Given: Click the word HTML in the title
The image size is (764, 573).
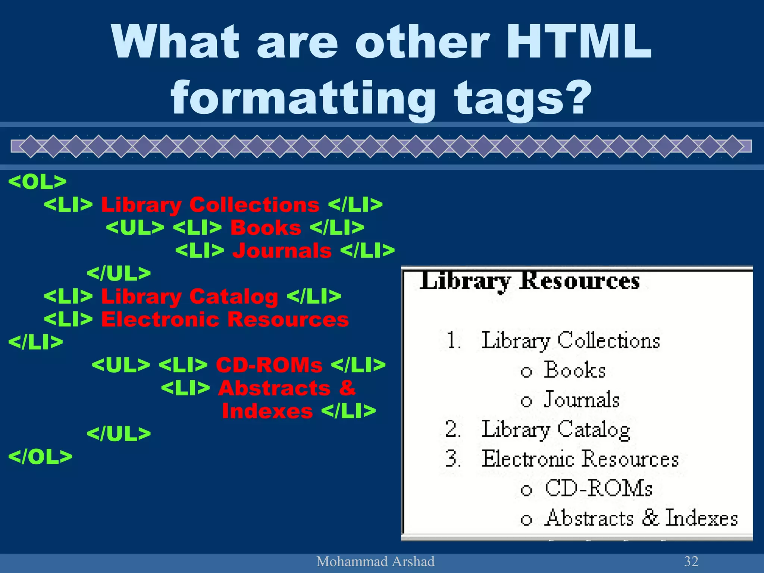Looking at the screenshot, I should pyautogui.click(x=579, y=42).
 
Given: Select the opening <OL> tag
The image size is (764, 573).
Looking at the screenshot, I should pyautogui.click(x=37, y=182).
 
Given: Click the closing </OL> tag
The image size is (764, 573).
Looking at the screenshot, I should pyautogui.click(x=40, y=457).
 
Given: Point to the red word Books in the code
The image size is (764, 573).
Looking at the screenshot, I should pyautogui.click(x=266, y=228).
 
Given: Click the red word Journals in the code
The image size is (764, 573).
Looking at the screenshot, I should pyautogui.click(x=282, y=250).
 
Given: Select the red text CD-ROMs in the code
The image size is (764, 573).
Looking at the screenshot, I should pyautogui.click(x=269, y=365).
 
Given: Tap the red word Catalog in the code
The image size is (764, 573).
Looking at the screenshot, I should pyautogui.click(x=234, y=297).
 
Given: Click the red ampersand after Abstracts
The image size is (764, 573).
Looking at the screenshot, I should pyautogui.click(x=347, y=388).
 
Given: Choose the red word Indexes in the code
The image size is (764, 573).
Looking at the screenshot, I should pyautogui.click(x=267, y=411).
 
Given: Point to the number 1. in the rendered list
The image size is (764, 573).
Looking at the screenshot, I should pyautogui.click(x=454, y=340).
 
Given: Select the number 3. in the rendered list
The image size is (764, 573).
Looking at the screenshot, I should pyautogui.click(x=453, y=458).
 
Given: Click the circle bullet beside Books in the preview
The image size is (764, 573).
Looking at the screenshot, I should pyautogui.click(x=526, y=372).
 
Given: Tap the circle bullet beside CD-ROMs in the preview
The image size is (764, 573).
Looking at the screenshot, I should pyautogui.click(x=526, y=490).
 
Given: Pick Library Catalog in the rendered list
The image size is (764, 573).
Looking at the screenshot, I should pyautogui.click(x=556, y=429).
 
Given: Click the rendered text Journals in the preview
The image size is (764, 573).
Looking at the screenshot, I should pyautogui.click(x=582, y=400).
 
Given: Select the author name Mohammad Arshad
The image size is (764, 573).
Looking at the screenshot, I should pyautogui.click(x=375, y=561).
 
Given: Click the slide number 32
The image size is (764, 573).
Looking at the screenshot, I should pyautogui.click(x=691, y=561).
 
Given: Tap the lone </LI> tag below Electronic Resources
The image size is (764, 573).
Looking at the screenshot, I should pyautogui.click(x=36, y=342).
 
